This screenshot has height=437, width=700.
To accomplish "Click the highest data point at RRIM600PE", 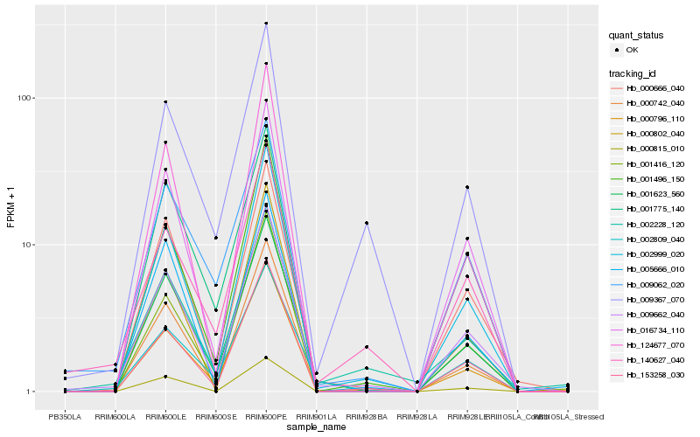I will [x=266, y=24].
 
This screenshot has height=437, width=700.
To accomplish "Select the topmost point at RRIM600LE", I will [x=165, y=102].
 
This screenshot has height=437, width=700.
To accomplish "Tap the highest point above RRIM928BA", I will [x=367, y=223].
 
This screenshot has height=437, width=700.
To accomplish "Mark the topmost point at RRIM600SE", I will [x=215, y=238].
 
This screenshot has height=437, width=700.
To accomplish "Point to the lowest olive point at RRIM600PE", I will [x=266, y=357].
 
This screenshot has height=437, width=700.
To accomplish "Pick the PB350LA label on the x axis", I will [x=65, y=416].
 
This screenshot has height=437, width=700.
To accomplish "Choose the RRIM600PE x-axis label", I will [x=266, y=416].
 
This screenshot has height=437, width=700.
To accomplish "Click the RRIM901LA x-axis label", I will [x=316, y=416].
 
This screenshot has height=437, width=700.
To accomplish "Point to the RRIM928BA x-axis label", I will [x=367, y=416].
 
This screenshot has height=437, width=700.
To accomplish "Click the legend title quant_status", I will [x=639, y=36].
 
